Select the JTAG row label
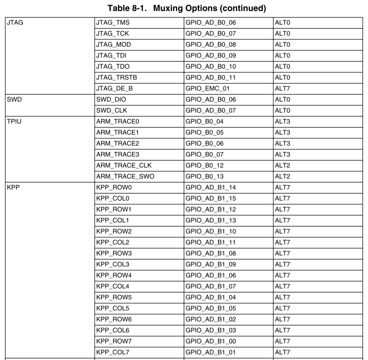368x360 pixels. click(x=15, y=23)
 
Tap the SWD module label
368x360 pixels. click(x=14, y=99)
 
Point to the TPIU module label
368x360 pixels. click(x=14, y=122)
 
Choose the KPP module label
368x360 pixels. click(x=13, y=188)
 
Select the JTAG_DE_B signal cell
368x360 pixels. click(x=114, y=89)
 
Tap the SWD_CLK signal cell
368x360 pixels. click(x=111, y=111)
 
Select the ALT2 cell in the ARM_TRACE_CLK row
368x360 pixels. click(x=282, y=165)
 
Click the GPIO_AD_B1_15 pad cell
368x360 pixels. click(x=210, y=198)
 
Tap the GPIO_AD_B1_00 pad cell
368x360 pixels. click(x=210, y=341)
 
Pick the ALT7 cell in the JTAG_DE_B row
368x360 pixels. click(x=282, y=89)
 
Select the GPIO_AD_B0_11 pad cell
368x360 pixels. click(x=210, y=78)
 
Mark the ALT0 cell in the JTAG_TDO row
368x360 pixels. click(x=282, y=67)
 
